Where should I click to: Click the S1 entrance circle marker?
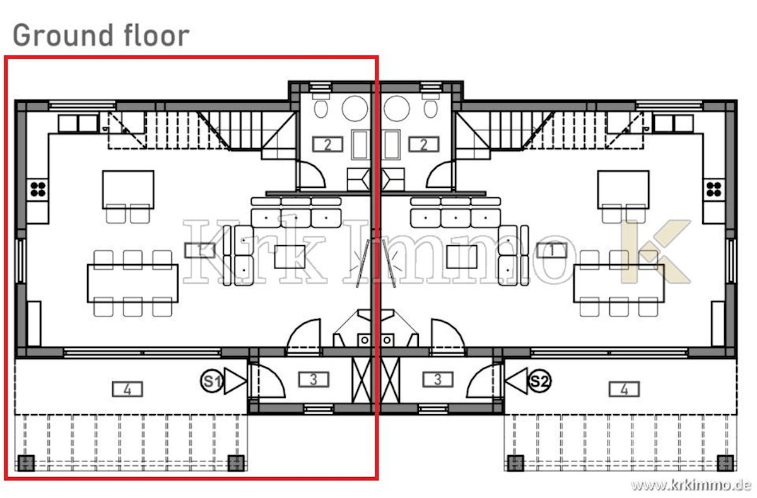tap(211, 381)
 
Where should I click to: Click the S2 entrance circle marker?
tap(539, 381)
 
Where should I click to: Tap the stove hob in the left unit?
tap(37, 189)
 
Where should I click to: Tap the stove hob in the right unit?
tap(714, 189)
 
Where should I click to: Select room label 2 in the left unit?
tap(327, 144)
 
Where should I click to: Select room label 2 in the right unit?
tap(424, 144)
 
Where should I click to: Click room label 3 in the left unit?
tap(314, 380)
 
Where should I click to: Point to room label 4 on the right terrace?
tap(624, 390)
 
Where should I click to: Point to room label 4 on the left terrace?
tap(127, 390)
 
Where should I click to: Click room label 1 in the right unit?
tap(552, 250)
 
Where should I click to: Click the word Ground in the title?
tap(62, 36)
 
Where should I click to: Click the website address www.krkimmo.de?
tap(690, 485)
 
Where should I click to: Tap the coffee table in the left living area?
tap(290, 257)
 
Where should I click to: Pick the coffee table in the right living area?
tap(462, 257)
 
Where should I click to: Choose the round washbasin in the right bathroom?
tap(396, 108)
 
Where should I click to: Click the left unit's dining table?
tap(133, 283)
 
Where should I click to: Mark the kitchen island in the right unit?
tap(623, 190)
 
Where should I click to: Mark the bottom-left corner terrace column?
tap(26, 463)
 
